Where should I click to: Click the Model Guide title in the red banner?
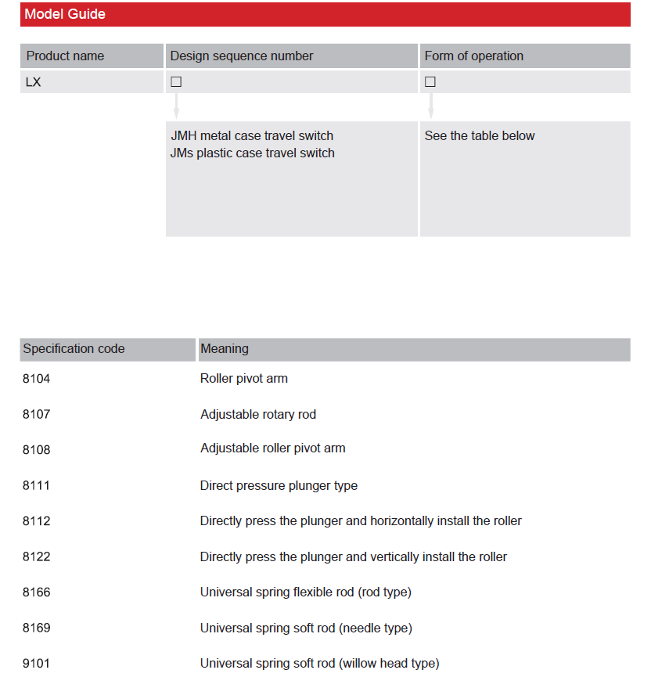(65, 14)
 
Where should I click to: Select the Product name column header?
(65, 56)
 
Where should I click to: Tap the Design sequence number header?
(241, 56)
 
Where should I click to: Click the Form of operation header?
(473, 56)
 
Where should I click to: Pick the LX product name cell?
(33, 81)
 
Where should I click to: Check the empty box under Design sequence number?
(176, 81)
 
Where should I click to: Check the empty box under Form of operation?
(430, 81)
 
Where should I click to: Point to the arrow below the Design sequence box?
(176, 106)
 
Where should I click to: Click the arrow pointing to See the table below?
(430, 106)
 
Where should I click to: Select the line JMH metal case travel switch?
(252, 135)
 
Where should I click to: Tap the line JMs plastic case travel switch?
(252, 153)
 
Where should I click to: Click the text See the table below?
(480, 135)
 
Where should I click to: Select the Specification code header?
(74, 349)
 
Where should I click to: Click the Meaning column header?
(224, 349)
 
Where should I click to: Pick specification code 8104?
(36, 378)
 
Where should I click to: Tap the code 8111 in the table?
(36, 485)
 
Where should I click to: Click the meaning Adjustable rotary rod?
(258, 414)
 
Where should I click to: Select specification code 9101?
(36, 664)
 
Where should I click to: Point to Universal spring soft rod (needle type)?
(306, 628)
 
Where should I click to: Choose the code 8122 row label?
(36, 556)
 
